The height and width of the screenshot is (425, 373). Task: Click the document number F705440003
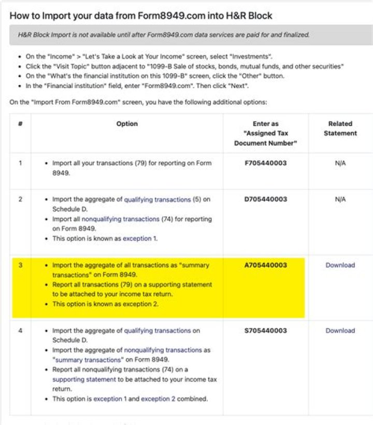point(265,163)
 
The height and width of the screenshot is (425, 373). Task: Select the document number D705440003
point(265,199)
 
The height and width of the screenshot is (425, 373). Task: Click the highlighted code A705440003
point(265,265)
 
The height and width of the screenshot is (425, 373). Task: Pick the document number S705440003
point(265,331)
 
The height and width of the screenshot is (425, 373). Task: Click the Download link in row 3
point(340,265)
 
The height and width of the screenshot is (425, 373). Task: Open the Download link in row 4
point(340,331)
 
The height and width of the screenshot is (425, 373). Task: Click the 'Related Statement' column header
point(340,129)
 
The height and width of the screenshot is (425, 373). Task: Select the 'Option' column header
point(127,124)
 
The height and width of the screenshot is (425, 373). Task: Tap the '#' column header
point(20,124)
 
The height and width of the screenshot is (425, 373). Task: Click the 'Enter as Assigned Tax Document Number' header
point(265,133)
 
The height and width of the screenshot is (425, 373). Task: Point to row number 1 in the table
point(20,163)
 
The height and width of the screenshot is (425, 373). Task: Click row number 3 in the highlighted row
point(20,265)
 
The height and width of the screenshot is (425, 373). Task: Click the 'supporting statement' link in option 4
point(84,379)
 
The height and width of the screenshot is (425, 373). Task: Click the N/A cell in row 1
point(340,163)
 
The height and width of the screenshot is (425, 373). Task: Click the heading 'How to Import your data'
point(141,16)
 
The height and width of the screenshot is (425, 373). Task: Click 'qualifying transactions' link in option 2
point(157,200)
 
